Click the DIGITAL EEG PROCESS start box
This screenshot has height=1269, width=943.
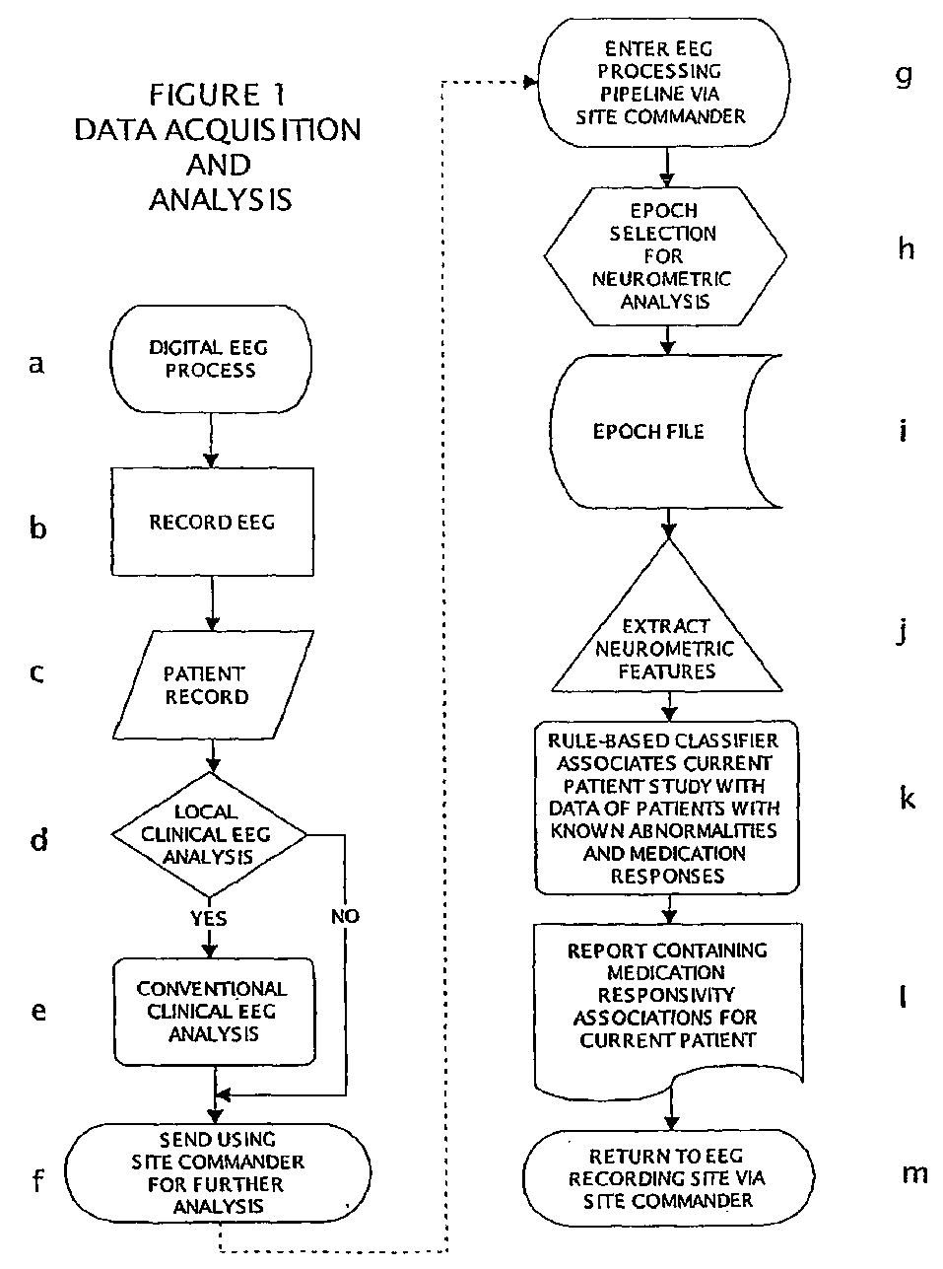point(209,359)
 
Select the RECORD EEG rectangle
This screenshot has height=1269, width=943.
point(212,523)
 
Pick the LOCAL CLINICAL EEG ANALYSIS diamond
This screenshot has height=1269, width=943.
point(208,834)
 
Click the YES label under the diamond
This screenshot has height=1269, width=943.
point(208,919)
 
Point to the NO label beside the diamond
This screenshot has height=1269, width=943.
point(345,916)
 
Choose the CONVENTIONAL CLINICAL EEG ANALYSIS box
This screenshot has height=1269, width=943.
point(213,1011)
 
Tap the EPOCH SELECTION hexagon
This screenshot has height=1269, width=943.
point(665,255)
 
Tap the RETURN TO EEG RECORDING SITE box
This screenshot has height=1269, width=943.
point(668,1177)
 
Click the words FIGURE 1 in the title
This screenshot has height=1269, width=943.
point(217,96)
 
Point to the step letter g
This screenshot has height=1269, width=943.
point(905,75)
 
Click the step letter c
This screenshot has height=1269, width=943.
point(37,673)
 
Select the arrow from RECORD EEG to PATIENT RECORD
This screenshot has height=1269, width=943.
point(211,604)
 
